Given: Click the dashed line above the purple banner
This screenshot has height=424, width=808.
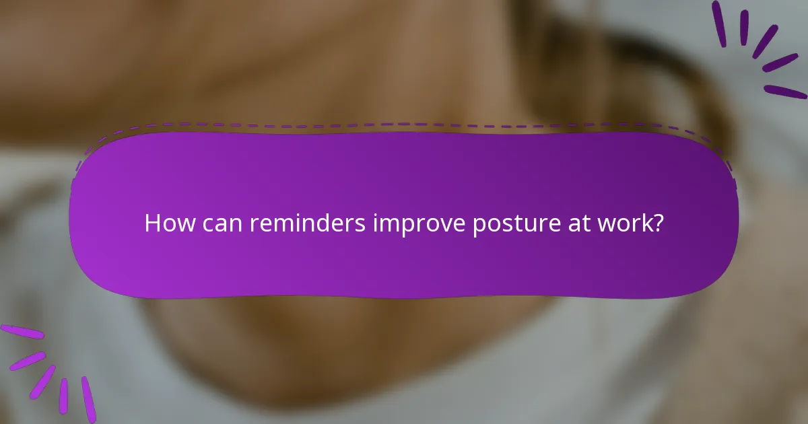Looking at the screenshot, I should click(x=404, y=125).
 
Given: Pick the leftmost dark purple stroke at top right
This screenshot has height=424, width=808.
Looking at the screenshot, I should click(x=719, y=24).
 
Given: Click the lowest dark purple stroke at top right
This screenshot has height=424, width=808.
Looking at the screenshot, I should click(x=785, y=92).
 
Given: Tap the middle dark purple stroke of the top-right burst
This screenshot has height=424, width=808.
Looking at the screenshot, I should click(x=765, y=41).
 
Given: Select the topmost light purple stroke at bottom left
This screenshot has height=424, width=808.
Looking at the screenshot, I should click(x=22, y=331).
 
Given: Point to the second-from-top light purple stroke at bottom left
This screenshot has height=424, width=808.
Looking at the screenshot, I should click(x=27, y=360).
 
